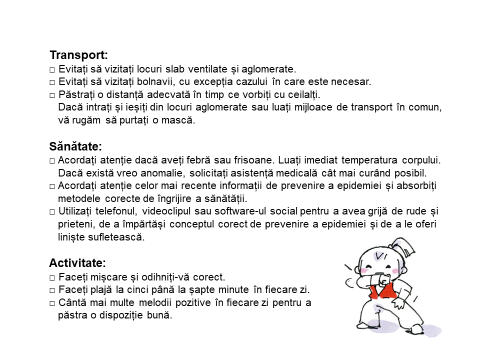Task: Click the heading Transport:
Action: (x=78, y=55)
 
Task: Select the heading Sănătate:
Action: (x=75, y=147)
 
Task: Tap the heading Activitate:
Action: (x=77, y=263)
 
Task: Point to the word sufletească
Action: (x=116, y=237)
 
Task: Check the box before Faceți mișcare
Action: (x=52, y=277)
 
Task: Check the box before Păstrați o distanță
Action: (x=52, y=95)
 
